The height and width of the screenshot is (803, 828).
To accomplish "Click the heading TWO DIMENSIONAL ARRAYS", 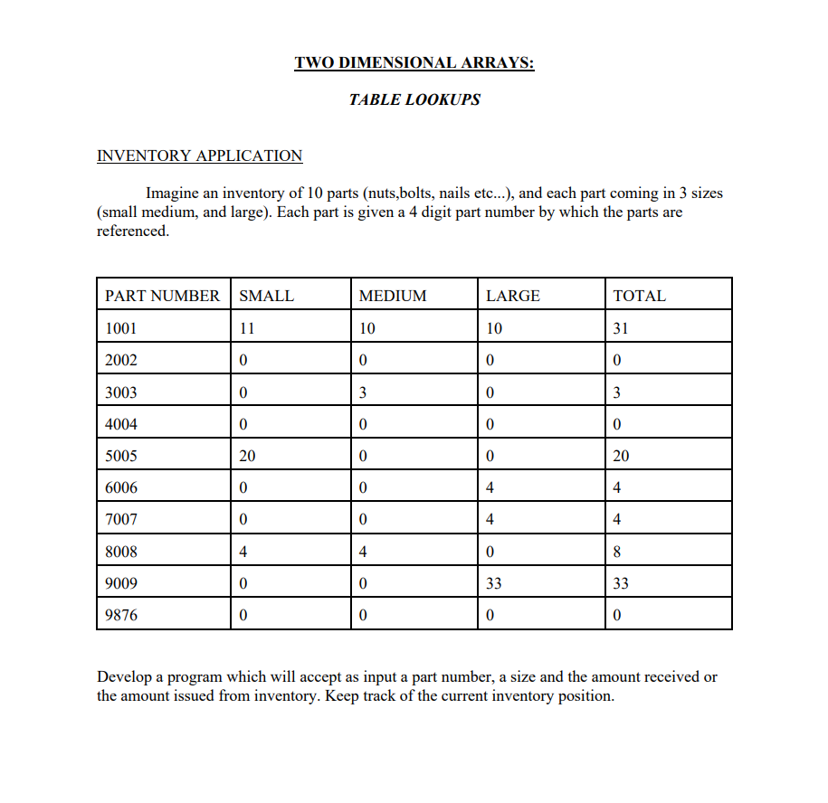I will [414, 63].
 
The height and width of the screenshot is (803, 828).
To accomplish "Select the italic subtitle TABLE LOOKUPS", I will [414, 100].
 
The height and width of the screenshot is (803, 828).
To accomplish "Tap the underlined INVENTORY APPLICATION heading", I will [199, 156].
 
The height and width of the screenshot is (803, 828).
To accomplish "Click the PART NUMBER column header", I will [162, 296].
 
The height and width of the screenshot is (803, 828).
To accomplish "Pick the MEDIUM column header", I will [392, 296].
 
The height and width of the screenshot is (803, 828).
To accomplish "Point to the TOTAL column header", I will [639, 296].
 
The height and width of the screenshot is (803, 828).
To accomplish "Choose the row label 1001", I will [121, 328].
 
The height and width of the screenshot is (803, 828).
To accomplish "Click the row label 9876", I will [121, 616].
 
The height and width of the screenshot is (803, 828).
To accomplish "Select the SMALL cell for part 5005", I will [247, 456].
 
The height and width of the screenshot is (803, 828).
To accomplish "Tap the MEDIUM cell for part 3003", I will [363, 392].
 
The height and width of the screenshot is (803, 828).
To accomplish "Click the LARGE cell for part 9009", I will [493, 583].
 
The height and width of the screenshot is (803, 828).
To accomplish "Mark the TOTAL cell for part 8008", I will [617, 552].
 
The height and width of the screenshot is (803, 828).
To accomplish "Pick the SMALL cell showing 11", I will [246, 328].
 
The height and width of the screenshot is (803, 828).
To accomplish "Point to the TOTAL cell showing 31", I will [620, 328].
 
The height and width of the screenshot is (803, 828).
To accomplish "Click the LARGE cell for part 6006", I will [490, 488].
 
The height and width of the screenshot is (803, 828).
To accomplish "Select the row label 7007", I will [121, 520].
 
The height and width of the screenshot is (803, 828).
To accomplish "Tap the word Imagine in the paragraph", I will [173, 194].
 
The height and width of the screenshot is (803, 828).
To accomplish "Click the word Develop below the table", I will [124, 677].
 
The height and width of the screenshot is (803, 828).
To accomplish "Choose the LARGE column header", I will [512, 296].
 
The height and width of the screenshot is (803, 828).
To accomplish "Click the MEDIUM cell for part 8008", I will [363, 552].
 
